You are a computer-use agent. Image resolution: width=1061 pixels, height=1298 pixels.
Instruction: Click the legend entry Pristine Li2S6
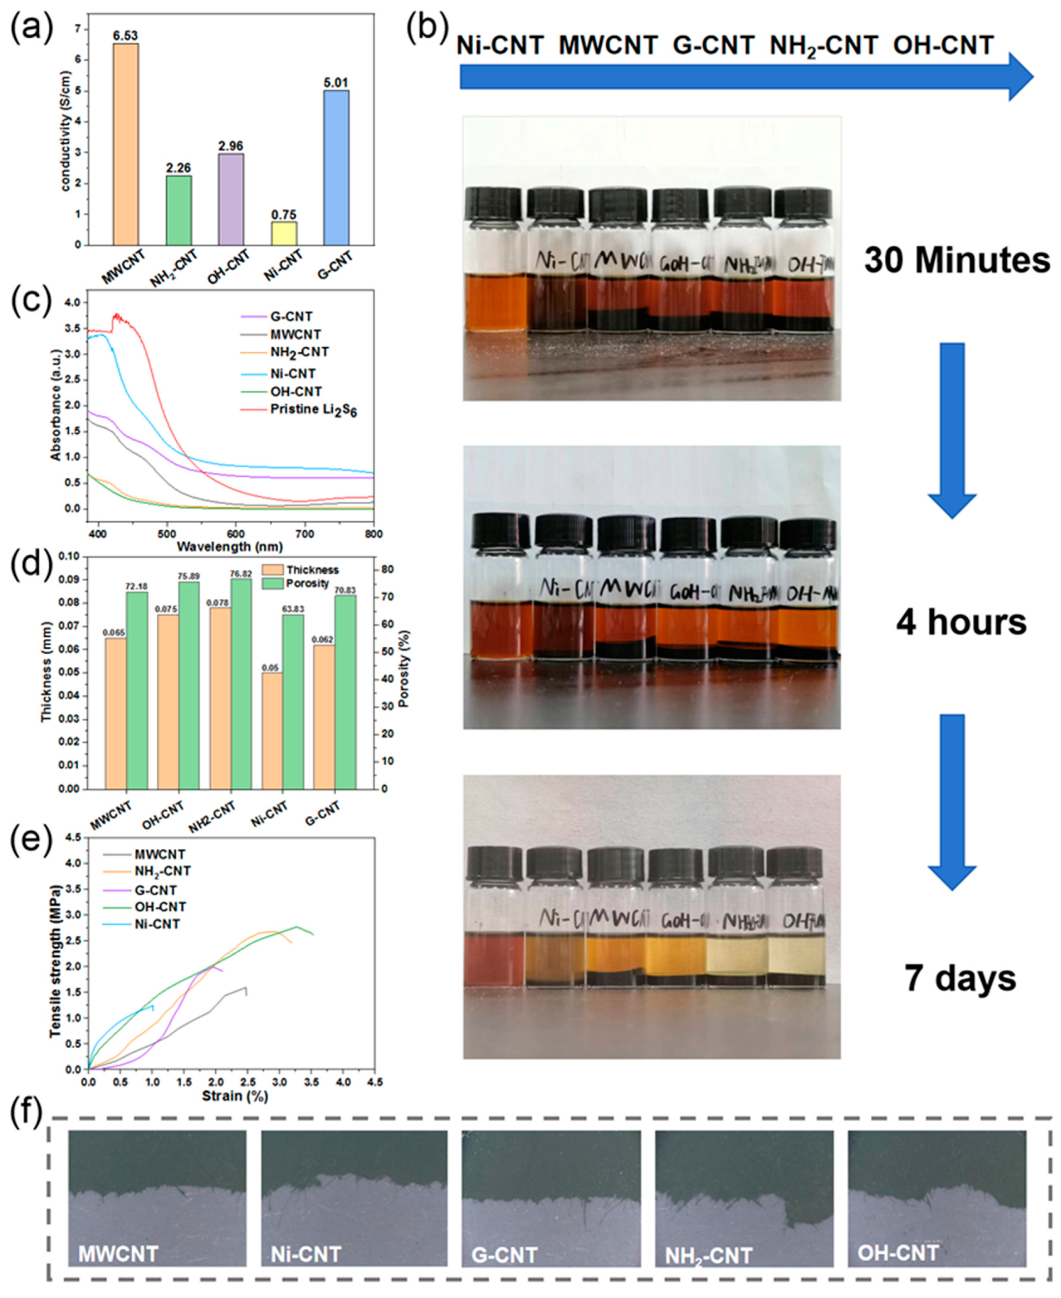point(313,410)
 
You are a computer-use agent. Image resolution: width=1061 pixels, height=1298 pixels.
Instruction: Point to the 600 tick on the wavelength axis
point(235,534)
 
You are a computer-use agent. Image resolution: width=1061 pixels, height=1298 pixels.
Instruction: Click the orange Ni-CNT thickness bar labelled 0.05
point(272,730)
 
